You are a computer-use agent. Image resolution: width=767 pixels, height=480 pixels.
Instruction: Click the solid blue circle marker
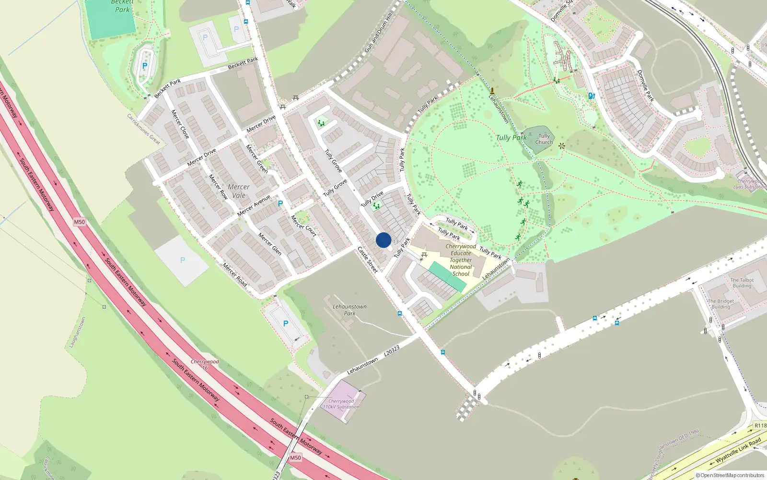(383, 240)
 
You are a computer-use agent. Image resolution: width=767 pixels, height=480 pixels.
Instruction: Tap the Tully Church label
(544, 139)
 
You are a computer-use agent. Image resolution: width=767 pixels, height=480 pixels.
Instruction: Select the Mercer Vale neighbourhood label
(239, 191)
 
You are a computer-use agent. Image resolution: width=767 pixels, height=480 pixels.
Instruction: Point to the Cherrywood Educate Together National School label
(461, 260)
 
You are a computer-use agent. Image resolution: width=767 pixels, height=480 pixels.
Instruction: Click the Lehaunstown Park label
(349, 310)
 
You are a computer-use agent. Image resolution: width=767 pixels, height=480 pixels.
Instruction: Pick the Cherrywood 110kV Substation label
(341, 404)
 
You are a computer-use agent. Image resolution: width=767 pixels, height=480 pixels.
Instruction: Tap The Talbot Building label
(742, 283)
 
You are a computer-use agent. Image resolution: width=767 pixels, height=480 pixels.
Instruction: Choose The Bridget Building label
(721, 304)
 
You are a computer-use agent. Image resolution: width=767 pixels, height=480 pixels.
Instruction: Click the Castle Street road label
(368, 260)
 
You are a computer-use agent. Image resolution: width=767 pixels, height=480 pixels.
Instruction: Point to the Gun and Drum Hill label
(378, 32)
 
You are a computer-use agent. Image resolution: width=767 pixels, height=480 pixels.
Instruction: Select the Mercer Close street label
(180, 124)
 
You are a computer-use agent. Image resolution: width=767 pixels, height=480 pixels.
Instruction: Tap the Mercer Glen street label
(270, 243)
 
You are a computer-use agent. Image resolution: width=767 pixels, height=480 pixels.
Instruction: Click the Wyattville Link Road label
(738, 451)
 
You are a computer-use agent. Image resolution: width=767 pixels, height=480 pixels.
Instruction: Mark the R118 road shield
(760, 425)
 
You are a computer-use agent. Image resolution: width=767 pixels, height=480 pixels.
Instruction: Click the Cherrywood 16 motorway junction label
(205, 364)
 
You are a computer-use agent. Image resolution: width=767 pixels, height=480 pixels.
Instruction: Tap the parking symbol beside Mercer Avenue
(280, 204)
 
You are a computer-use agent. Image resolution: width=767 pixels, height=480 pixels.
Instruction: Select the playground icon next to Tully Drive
(376, 205)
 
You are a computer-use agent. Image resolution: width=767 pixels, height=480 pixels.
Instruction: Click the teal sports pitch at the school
(447, 277)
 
